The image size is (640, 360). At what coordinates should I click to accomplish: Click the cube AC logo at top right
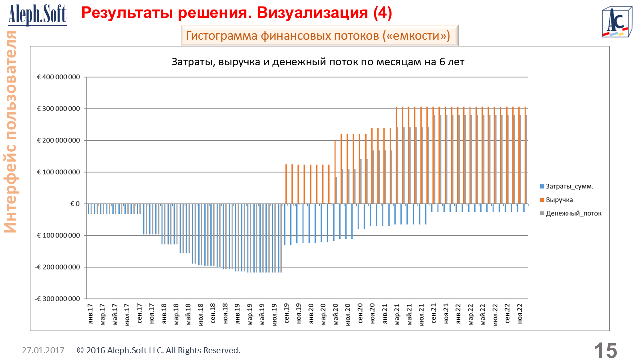coord(616,23)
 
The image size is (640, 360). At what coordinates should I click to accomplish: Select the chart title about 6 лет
coord(318,62)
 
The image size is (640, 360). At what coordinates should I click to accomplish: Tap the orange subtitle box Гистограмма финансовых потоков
coord(318,36)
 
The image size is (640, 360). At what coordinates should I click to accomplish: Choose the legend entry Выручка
coord(559,200)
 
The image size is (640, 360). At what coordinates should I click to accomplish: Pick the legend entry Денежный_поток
coord(573,213)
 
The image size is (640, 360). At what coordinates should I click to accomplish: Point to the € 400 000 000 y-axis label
coord(58,77)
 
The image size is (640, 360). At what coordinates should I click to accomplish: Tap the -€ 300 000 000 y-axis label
coord(57,299)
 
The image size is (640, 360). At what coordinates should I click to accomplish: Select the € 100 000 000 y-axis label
coord(58,172)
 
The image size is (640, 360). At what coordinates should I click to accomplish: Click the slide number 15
coord(605,350)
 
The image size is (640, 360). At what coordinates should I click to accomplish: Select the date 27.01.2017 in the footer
coord(43,350)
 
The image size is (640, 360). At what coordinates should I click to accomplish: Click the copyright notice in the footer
coord(159,350)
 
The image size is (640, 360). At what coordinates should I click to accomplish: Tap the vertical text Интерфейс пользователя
coord(11,132)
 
